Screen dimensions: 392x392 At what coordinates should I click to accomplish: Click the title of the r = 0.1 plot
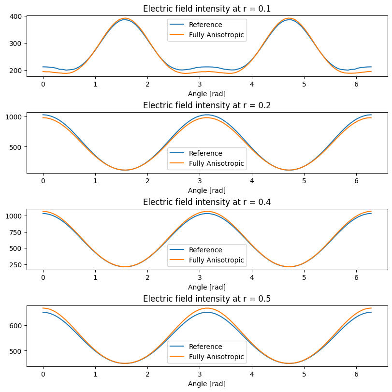tap(207, 9)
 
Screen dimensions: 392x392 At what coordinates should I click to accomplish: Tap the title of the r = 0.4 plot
tap(207, 202)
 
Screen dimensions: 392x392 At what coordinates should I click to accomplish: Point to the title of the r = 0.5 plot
tap(207, 299)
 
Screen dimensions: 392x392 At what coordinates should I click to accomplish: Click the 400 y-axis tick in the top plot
tap(15, 16)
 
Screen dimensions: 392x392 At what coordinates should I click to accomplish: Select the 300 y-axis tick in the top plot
tap(15, 44)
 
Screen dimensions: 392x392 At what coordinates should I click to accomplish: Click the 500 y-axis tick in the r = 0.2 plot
tap(15, 147)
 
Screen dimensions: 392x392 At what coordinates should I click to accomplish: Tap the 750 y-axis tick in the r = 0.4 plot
tap(15, 232)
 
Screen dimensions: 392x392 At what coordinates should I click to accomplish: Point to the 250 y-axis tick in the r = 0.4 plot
tap(15, 264)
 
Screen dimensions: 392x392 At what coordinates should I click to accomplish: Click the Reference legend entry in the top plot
tap(205, 25)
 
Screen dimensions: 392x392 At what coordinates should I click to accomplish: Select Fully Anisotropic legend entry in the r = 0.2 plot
tap(217, 164)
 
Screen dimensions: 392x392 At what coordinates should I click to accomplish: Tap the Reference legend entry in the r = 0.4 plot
tap(205, 250)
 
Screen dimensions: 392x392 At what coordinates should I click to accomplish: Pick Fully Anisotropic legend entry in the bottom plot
tap(217, 357)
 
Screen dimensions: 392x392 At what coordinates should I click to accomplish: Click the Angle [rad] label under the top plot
tap(207, 94)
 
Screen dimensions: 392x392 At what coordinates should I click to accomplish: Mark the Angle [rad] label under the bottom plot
tap(207, 384)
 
